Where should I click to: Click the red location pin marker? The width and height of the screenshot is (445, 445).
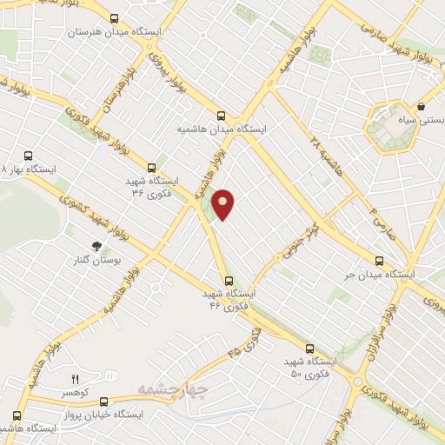click(224, 203)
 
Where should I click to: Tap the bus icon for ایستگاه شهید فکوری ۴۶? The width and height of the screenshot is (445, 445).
click(229, 280)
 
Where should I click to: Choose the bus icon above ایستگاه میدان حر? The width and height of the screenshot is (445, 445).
click(378, 260)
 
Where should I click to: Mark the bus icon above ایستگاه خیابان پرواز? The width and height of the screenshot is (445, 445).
click(104, 402)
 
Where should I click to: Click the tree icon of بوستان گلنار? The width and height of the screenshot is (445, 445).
click(96, 246)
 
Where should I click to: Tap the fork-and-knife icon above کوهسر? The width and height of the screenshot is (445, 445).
click(75, 379)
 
